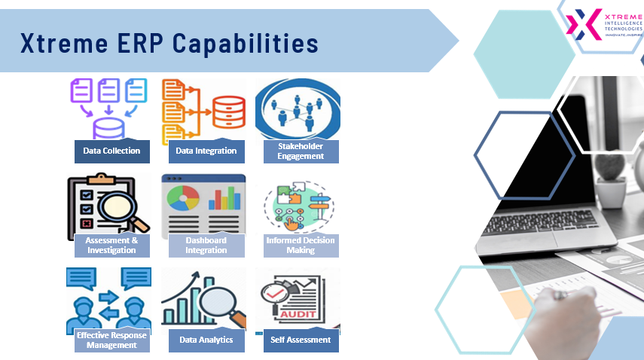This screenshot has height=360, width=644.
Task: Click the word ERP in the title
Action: click(x=140, y=43)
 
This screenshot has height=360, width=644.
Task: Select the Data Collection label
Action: click(x=112, y=151)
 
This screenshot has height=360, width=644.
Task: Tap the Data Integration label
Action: click(x=206, y=151)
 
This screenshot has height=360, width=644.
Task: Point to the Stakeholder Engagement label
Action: click(x=301, y=151)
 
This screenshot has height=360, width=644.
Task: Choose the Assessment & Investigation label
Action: click(x=112, y=246)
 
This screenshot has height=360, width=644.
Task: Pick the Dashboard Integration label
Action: click(x=206, y=246)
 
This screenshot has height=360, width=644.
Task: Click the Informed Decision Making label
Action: click(x=301, y=246)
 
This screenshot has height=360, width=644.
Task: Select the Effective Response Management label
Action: click(x=112, y=340)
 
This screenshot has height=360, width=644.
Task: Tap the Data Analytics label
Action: click(x=206, y=340)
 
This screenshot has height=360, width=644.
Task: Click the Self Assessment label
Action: click(x=301, y=340)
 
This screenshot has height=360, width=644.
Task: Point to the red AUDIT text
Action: click(x=298, y=314)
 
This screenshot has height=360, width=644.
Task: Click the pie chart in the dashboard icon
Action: click(x=183, y=198)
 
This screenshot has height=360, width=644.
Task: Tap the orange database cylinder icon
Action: click(x=229, y=111)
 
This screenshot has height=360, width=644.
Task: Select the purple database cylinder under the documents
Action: click(x=108, y=129)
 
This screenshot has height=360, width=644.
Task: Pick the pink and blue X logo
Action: click(x=584, y=24)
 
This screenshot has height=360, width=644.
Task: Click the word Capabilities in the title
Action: click(x=246, y=43)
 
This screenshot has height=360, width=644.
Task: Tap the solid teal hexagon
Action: click(x=524, y=54)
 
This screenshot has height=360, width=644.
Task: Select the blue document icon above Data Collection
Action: click(x=136, y=90)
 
